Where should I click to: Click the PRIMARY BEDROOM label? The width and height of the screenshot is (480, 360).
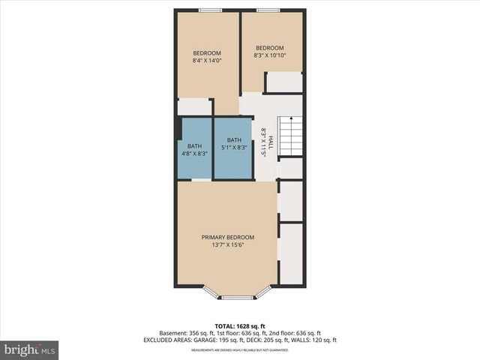coord(227,238)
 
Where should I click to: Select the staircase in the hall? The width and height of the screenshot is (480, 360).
coord(290,136)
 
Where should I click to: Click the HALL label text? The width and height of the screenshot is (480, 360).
coord(271,140)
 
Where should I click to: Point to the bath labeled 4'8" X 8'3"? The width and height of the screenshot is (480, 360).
coord(194,148)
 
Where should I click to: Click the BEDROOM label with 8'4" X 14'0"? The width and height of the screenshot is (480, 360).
coord(207,52)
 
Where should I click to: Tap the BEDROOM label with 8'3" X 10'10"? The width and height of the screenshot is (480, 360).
coord(271,49)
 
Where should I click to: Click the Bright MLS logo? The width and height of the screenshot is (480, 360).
coord(29,349)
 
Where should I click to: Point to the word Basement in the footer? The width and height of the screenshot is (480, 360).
coord(172,333)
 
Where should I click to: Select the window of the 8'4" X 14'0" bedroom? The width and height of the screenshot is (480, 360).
coord(209,10)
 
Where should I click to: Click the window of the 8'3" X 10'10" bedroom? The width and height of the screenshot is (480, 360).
coord(268,10)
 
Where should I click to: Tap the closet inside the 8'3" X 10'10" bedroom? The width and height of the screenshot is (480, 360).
coord(283,82)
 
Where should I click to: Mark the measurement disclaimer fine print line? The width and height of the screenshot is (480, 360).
coord(239,350)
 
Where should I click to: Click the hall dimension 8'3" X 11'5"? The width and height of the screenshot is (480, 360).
coord(263,140)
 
